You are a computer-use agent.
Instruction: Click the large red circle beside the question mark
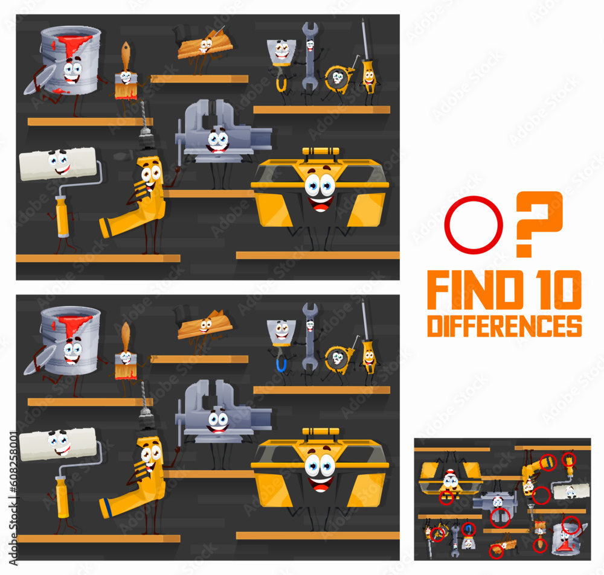tap(473, 225)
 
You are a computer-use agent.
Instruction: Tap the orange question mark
tap(539, 222)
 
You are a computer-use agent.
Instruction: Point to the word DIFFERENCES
tap(504, 325)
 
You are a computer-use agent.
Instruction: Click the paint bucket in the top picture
tap(71, 60)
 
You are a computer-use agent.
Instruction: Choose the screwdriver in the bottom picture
tap(367, 344)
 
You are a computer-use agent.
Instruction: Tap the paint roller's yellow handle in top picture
tap(62, 216)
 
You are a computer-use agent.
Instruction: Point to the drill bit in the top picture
tap(144, 117)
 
